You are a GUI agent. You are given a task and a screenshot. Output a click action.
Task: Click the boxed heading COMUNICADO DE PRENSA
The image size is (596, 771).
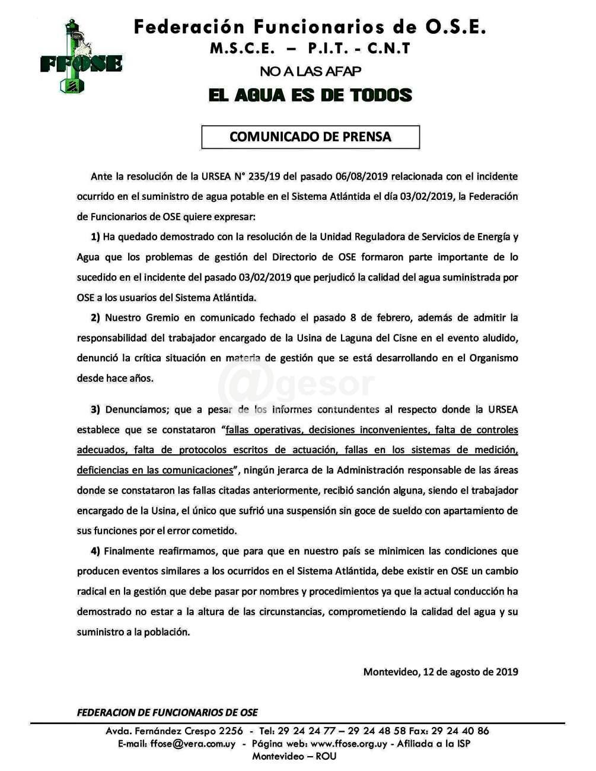[x=310, y=137]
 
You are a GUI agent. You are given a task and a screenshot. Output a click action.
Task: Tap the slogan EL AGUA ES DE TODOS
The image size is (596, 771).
[x=310, y=95]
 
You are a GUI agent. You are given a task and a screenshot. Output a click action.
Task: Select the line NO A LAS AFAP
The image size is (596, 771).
[x=310, y=72]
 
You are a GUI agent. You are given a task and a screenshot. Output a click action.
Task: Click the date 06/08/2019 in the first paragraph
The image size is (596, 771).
[x=362, y=176]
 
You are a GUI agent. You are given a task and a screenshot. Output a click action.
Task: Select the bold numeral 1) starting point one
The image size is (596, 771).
[x=95, y=237]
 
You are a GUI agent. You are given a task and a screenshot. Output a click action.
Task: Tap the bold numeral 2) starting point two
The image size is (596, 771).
[x=95, y=318]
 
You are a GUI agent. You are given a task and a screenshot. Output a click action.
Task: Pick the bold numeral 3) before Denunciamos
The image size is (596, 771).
[x=95, y=410]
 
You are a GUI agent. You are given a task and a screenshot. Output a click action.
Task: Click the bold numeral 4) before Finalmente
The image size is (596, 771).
[x=95, y=551]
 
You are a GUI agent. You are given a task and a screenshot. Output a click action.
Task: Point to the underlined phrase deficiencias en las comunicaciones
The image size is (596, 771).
[x=155, y=470]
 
